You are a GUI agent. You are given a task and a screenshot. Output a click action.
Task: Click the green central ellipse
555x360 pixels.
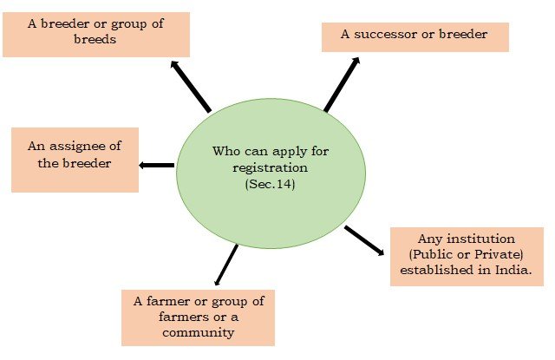point(271,173)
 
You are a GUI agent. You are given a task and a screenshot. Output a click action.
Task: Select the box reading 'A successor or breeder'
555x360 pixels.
point(415,36)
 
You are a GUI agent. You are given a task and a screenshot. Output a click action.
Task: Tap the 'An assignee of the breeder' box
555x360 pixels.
point(75,160)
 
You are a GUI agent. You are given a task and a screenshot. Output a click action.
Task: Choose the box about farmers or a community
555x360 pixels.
point(198,317)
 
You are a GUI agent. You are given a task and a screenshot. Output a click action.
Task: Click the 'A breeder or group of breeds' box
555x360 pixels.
point(96,32)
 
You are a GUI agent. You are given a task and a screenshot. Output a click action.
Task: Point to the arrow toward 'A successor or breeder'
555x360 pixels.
point(342,84)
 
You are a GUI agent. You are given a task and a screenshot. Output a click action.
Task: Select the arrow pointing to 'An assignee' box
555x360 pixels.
point(157,165)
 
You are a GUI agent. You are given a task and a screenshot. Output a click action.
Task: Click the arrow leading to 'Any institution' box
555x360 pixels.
point(364,240)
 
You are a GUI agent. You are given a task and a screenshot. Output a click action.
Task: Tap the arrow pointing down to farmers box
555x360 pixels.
point(225,265)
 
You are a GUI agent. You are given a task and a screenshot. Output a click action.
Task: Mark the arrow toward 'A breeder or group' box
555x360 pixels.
point(190,86)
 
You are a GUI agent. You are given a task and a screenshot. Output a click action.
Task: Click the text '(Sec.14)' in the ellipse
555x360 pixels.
point(271,184)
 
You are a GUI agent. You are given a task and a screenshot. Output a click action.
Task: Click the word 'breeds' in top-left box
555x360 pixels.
point(96,40)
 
